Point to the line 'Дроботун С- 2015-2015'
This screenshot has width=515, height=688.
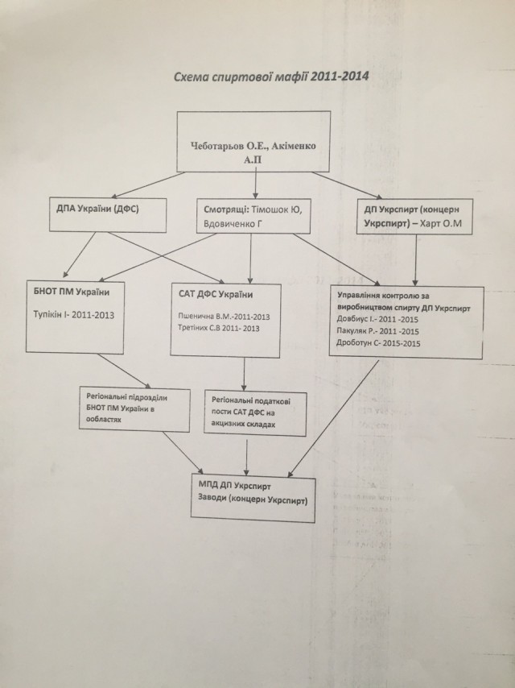pos(381,344)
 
